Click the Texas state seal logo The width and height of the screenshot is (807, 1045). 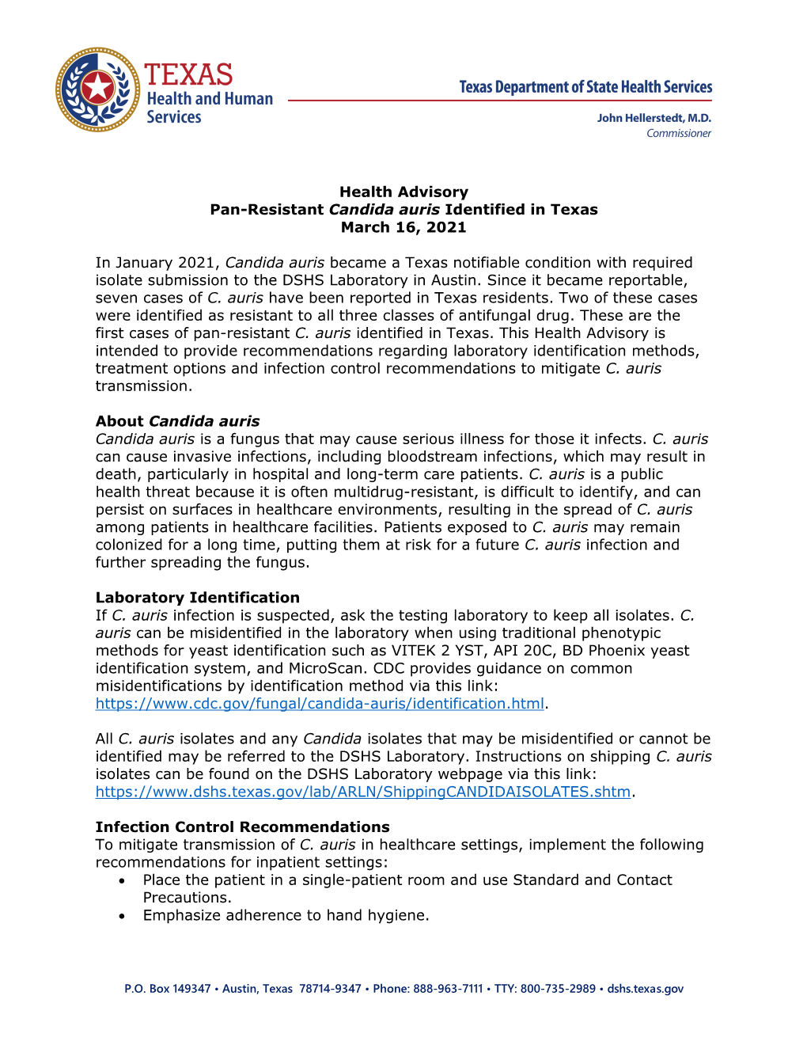[x=97, y=89]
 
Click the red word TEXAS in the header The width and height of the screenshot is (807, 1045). [x=188, y=75]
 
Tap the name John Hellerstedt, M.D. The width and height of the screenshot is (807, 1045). [x=654, y=118]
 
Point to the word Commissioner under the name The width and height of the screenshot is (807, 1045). [x=678, y=134]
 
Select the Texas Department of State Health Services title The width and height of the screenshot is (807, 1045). [x=585, y=87]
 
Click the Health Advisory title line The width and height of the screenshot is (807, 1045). [x=403, y=192]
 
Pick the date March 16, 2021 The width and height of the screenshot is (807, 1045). [x=403, y=227]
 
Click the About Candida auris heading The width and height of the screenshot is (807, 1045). [x=177, y=421]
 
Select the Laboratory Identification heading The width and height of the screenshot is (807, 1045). [x=197, y=598]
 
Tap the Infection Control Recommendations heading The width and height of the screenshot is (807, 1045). [x=242, y=827]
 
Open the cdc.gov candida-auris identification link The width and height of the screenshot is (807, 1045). [x=320, y=704]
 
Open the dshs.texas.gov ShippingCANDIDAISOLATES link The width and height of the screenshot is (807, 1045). [x=362, y=792]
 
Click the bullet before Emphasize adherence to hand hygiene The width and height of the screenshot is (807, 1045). [x=122, y=916]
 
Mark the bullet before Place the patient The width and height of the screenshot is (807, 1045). [x=122, y=880]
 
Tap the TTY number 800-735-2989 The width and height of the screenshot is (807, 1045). [x=558, y=989]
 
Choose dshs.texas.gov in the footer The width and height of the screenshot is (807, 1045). [x=645, y=989]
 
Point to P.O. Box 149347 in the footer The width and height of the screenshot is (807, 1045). [x=168, y=989]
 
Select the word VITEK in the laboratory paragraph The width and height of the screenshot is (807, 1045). [x=414, y=651]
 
